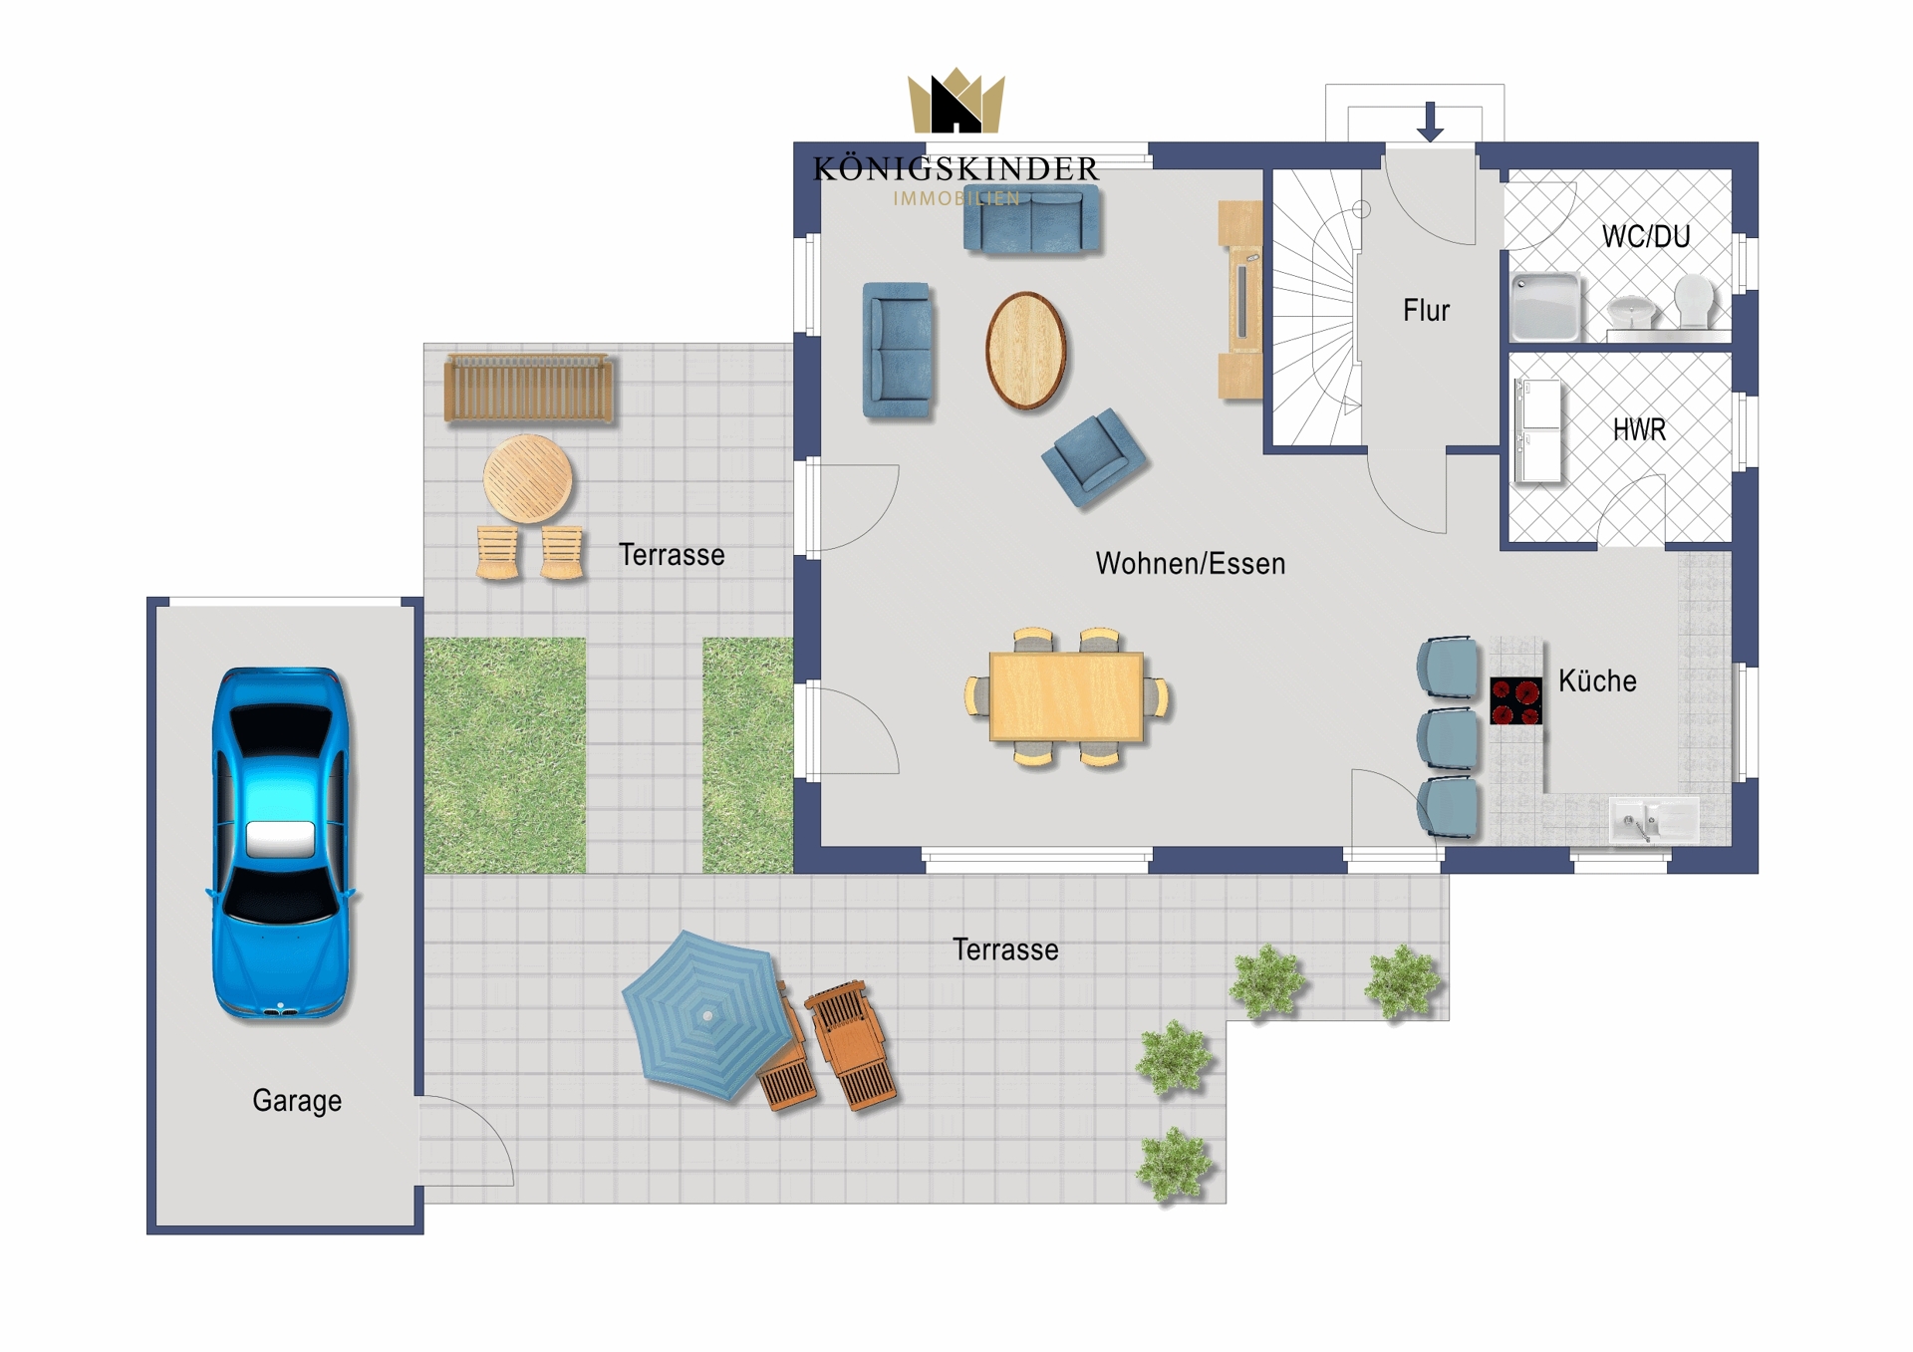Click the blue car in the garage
(x=281, y=843)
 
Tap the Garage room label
(x=297, y=1101)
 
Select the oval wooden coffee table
(x=1026, y=351)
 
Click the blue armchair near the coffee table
(x=1094, y=458)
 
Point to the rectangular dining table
(x=1066, y=697)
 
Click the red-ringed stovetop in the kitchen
(x=1515, y=700)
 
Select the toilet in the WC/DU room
(x=1694, y=301)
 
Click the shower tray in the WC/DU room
(x=1544, y=307)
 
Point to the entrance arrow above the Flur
(x=1431, y=122)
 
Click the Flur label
(x=1426, y=311)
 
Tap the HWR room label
(x=1639, y=429)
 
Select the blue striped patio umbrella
(x=707, y=1014)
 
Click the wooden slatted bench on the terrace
(x=528, y=389)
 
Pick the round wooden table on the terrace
(x=528, y=478)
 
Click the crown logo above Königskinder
(x=956, y=100)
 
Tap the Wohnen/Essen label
(x=1191, y=564)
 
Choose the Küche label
(x=1597, y=681)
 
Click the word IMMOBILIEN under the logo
(x=956, y=198)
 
